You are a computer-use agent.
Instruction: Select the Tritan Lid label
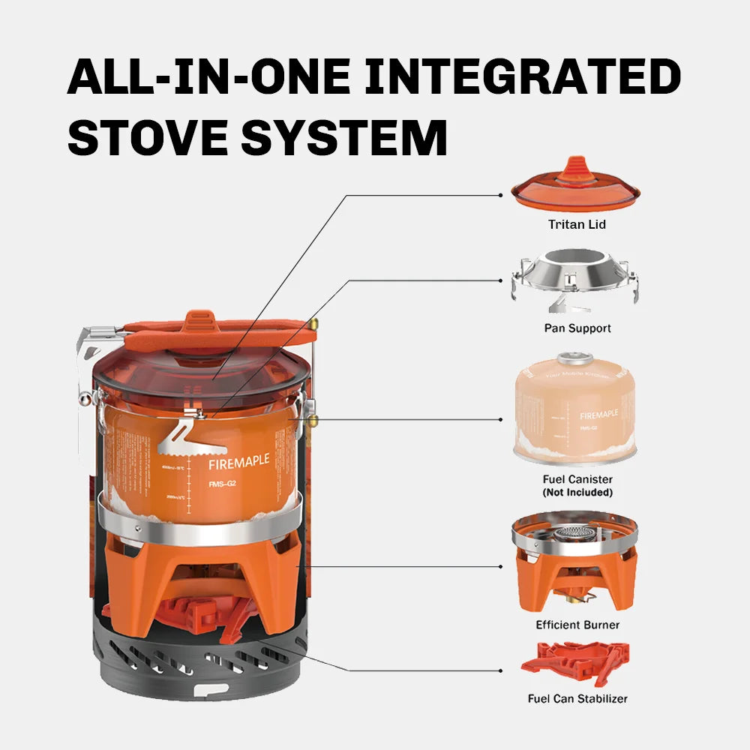[x=577, y=224]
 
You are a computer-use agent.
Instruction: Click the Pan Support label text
[x=577, y=328]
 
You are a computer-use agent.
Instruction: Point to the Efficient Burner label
[x=577, y=625]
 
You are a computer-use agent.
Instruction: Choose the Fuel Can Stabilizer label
[x=577, y=698]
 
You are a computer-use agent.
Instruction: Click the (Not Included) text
[x=577, y=493]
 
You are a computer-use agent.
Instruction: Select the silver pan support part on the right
[x=576, y=281]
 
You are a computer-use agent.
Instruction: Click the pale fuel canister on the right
[x=576, y=409]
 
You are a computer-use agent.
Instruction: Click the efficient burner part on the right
[x=576, y=562]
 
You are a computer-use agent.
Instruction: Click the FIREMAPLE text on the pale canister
[x=599, y=414]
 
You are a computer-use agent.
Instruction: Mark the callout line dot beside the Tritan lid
[x=501, y=195]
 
